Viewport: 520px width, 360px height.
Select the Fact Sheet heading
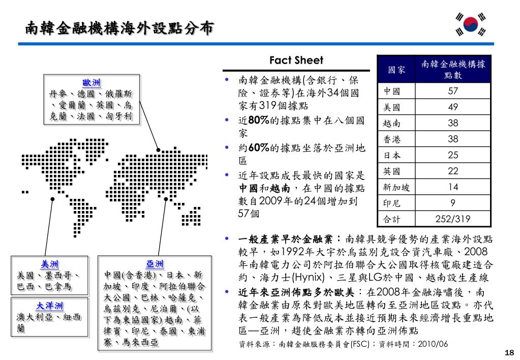[296, 61]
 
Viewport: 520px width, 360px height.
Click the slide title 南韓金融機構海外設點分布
[119, 28]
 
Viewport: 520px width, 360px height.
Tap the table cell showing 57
[453, 92]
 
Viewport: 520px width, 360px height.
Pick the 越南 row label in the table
[392, 124]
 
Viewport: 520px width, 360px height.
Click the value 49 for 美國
[453, 107]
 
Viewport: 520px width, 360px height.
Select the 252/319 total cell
[453, 219]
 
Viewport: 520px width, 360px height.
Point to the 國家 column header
[396, 70]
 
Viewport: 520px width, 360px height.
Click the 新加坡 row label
[396, 188]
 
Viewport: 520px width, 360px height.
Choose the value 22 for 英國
[453, 171]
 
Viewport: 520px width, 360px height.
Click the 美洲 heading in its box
[50, 264]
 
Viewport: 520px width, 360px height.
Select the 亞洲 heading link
[155, 264]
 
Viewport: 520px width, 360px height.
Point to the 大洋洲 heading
[50, 306]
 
